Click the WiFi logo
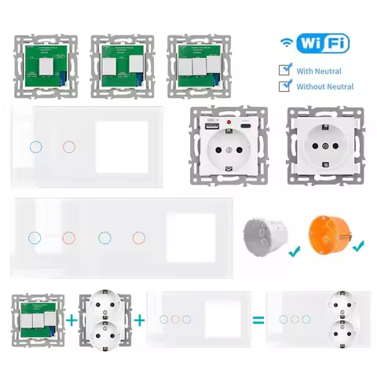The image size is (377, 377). click(x=314, y=42)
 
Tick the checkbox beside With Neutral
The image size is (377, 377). click(x=285, y=69)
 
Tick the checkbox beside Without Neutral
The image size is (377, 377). click(x=285, y=85)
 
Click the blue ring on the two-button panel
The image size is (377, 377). click(x=33, y=147)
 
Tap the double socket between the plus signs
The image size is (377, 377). click(x=106, y=320)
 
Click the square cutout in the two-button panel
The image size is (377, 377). click(x=118, y=145)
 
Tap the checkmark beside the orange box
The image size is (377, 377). click(x=359, y=247)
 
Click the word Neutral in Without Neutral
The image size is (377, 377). click(x=337, y=86)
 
